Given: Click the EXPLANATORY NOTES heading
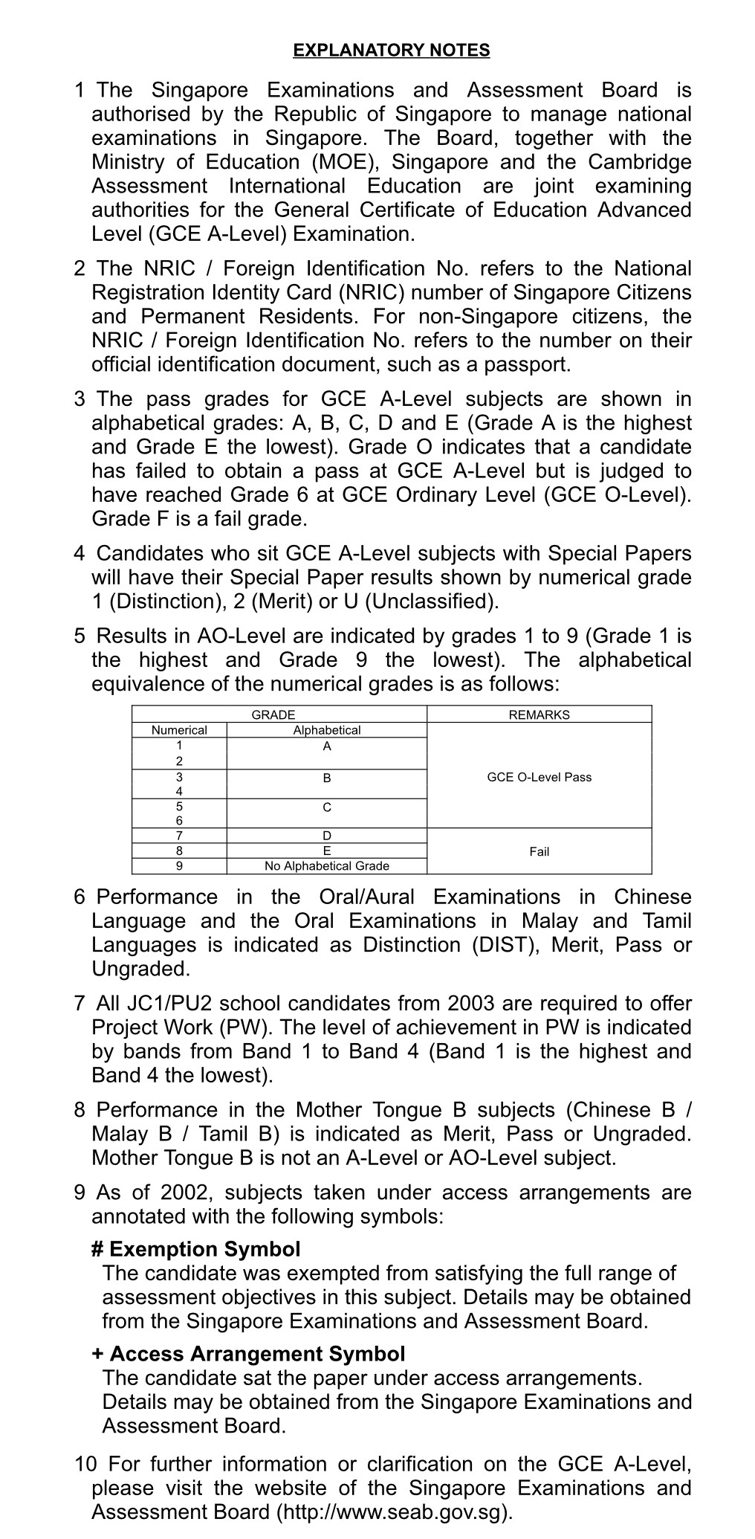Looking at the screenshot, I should [392, 51].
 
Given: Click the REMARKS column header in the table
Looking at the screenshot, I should [539, 714].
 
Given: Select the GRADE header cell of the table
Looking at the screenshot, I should [273, 714].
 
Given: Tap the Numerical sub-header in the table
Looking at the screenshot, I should [179, 730].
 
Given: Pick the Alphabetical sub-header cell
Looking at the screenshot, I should [326, 730].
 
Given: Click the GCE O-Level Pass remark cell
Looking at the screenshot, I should [539, 777].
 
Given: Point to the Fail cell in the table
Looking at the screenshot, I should [539, 851].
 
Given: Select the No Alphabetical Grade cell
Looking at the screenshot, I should [326, 865].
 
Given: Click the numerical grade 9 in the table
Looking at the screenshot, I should [179, 865].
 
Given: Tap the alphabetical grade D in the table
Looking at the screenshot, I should [327, 836].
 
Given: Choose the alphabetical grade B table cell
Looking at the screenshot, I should [327, 778].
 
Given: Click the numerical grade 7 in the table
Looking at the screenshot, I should [179, 836].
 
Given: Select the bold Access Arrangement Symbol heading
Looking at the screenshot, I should [249, 1354].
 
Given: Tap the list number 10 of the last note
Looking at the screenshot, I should [85, 1465].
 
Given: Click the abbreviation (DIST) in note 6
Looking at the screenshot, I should [502, 945].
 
